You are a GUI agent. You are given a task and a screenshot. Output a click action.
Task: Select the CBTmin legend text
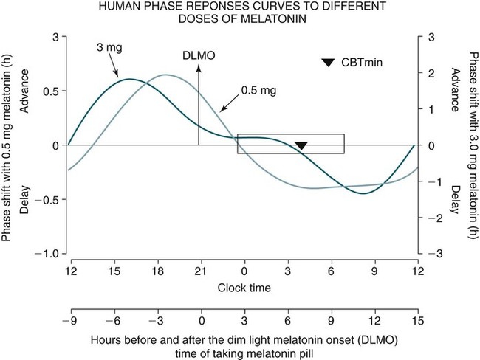(x=360, y=63)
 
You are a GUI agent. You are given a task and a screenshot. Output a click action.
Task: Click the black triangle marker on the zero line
(x=301, y=146)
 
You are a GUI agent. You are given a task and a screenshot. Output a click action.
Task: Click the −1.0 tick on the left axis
(x=47, y=253)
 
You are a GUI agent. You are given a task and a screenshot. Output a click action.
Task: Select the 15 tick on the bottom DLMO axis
(x=418, y=322)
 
